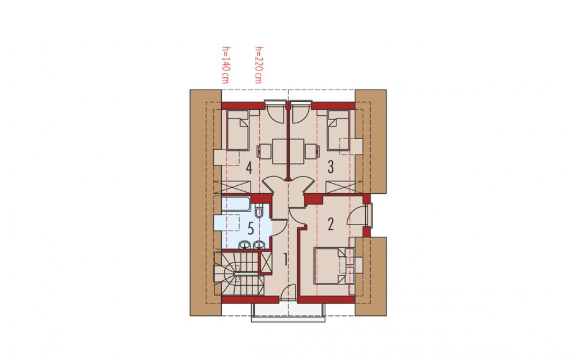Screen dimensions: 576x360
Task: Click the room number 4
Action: (249, 168)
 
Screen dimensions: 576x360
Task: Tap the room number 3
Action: (331, 167)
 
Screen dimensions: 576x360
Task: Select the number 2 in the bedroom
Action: (331, 224)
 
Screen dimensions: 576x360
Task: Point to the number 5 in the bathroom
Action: (251, 228)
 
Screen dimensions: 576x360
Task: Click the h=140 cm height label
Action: (225, 65)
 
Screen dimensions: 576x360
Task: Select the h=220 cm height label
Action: (258, 65)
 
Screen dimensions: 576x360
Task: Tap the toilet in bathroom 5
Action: (259, 210)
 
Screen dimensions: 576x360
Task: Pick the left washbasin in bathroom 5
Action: (245, 244)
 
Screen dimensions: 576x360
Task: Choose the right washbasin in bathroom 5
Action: (260, 244)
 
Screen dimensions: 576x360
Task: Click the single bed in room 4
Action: (238, 130)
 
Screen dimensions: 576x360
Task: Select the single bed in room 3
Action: (338, 130)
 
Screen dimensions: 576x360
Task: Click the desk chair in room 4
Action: (263, 151)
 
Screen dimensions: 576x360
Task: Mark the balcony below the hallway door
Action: (289, 312)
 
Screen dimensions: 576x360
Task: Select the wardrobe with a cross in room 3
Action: (340, 187)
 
